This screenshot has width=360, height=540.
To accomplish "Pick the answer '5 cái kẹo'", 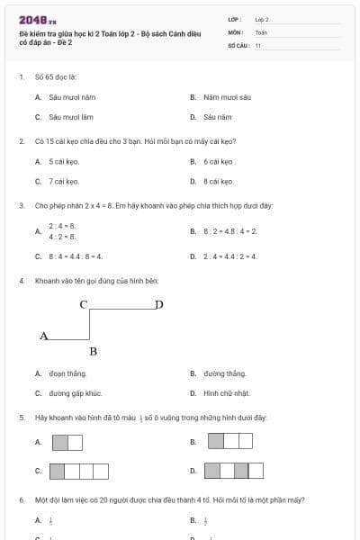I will pyautogui.click(x=64, y=162).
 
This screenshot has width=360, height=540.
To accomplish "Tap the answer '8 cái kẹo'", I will pyautogui.click(x=218, y=182).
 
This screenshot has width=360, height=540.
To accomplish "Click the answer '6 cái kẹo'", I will pyautogui.click(x=219, y=162).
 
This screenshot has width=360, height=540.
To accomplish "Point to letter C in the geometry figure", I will pyautogui.click(x=83, y=304).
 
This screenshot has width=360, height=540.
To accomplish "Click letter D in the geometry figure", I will pyautogui.click(x=159, y=304).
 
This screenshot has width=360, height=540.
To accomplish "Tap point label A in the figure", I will pyautogui.click(x=43, y=336).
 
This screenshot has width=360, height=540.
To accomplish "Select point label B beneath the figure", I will pyautogui.click(x=93, y=351).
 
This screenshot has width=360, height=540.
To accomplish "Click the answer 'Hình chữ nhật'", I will pyautogui.click(x=226, y=393).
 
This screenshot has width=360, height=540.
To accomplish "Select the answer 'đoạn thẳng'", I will pyautogui.click(x=67, y=373).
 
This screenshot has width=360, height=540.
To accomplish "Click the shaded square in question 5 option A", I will pyautogui.click(x=60, y=442).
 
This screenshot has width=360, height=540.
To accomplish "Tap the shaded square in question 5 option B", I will pyautogui.click(x=216, y=441).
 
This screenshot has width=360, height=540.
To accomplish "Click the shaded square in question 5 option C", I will pyautogui.click(x=57, y=471).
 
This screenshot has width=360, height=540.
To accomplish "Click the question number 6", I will pyautogui.click(x=21, y=499).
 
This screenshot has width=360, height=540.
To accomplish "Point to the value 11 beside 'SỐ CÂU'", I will pyautogui.click(x=258, y=44).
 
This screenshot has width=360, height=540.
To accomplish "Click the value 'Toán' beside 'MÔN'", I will pyautogui.click(x=261, y=31).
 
